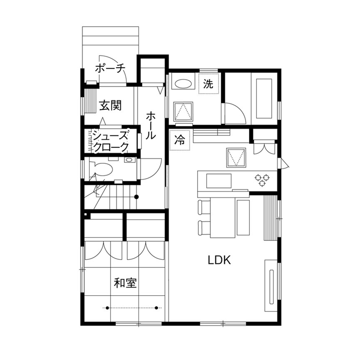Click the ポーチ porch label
click(109, 68)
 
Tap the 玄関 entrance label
click(110, 105)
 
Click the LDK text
click(219, 260)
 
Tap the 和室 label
click(125, 283)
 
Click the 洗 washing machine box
click(208, 84)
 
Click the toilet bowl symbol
click(101, 168)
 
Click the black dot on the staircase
click(137, 197)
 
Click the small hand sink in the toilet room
click(128, 160)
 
